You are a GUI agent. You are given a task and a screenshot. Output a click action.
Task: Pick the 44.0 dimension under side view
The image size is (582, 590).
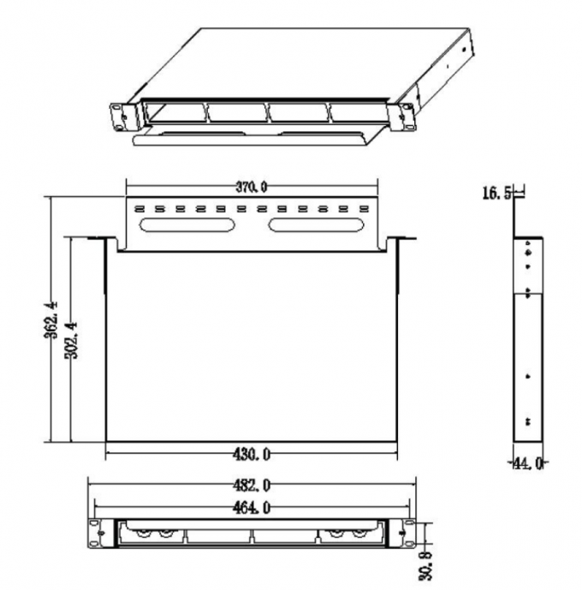528,463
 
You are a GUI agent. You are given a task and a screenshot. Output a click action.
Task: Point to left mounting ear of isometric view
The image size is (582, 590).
121,112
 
